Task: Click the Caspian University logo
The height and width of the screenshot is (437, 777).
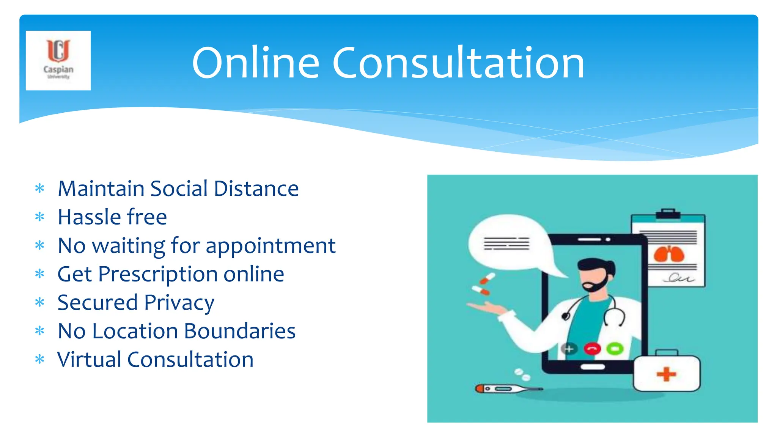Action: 58,60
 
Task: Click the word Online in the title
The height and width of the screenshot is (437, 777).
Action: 255,63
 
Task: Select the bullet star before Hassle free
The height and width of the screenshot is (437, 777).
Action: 39,217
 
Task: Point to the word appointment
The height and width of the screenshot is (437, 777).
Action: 271,246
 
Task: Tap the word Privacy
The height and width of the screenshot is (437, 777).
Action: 179,303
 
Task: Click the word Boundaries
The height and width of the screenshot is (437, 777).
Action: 239,331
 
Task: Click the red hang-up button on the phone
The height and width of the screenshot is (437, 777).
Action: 592,348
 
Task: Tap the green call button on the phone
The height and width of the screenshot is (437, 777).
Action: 615,348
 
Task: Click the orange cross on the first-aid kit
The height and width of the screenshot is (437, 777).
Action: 666,374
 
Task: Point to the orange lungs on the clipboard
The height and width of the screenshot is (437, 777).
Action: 668,254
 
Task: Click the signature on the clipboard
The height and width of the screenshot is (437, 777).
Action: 679,278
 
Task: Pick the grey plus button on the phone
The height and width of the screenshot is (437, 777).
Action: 569,348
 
